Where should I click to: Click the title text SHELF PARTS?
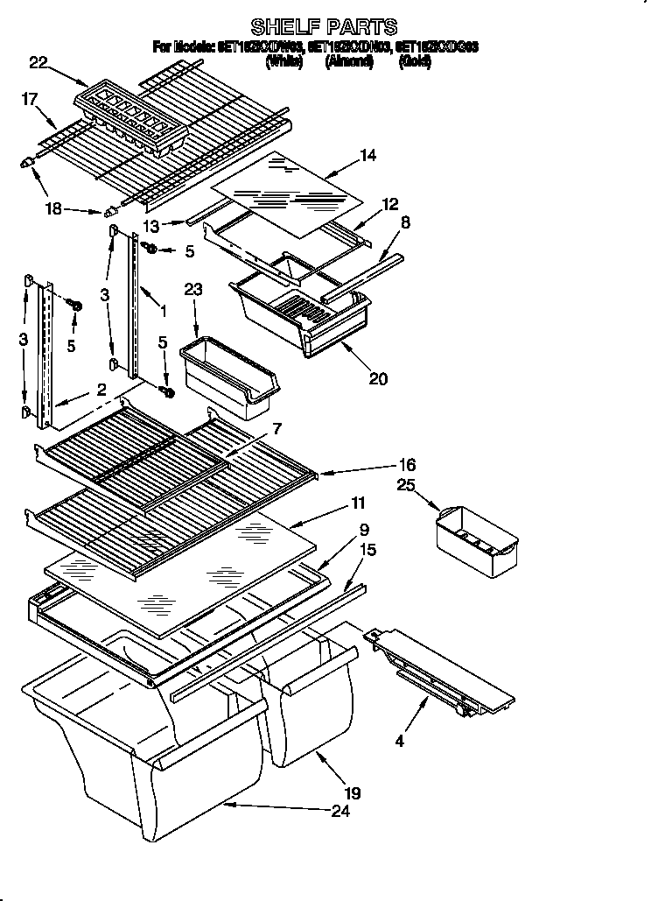tap(324, 26)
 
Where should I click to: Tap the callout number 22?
tap(38, 61)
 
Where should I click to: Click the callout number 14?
tap(367, 157)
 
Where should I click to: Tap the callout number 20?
tap(378, 379)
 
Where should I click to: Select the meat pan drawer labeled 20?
tap(302, 315)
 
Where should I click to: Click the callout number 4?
tap(400, 741)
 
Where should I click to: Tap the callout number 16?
tap(407, 465)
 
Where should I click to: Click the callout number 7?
tap(277, 428)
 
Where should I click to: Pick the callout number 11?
tap(358, 503)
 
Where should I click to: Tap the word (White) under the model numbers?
tap(284, 61)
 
